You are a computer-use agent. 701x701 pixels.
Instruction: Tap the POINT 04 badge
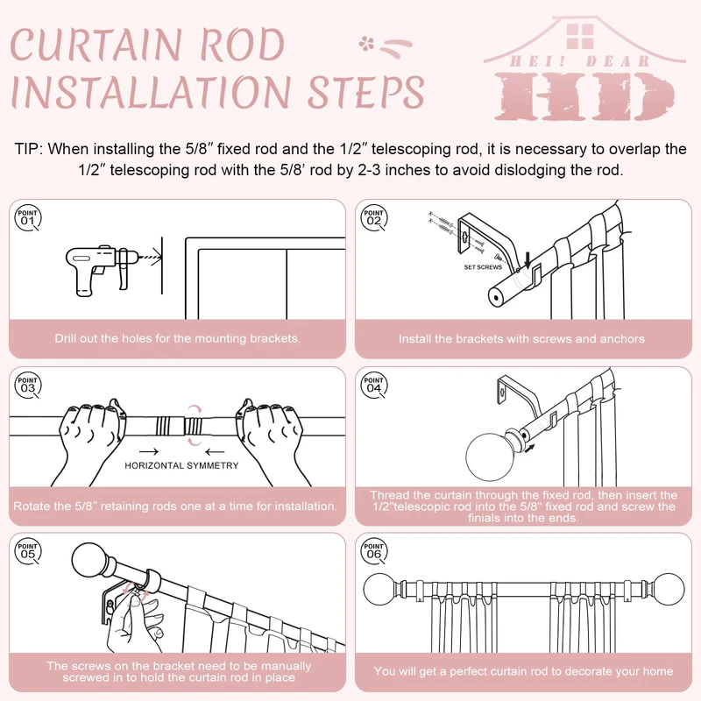[x=374, y=384]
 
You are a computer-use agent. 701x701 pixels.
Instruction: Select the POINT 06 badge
[x=374, y=551]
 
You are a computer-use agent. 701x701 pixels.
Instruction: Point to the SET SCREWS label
[x=483, y=266]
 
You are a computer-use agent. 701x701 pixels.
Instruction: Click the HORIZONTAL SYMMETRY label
[x=181, y=465]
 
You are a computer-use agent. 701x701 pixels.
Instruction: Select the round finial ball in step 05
[x=93, y=562]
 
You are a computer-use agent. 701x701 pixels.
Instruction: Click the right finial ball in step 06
[x=670, y=586]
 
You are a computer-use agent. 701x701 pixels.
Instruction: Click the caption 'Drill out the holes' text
[x=177, y=338]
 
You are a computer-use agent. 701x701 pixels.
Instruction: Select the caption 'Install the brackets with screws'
[x=521, y=338]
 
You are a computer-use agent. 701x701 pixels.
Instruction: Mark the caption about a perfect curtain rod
[x=523, y=671]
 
